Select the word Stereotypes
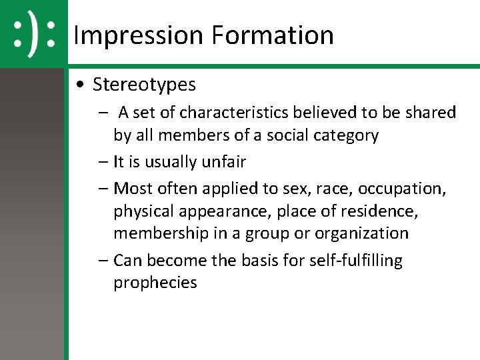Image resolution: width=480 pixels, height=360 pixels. click(144, 85)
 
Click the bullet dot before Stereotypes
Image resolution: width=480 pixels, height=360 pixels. click(80, 85)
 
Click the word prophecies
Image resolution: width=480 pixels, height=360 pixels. click(155, 283)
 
